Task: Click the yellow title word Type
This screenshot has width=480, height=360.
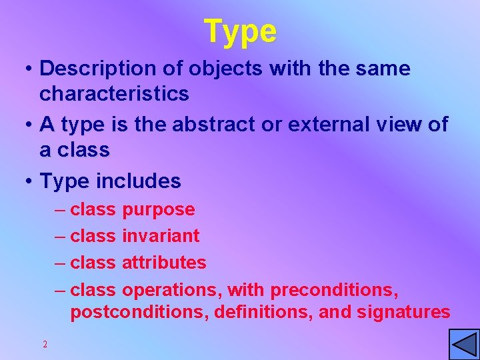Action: click(x=240, y=31)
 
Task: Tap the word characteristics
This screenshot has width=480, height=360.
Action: click(x=114, y=94)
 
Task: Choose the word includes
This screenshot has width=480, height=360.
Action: click(x=139, y=181)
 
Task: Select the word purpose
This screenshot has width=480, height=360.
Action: click(x=159, y=210)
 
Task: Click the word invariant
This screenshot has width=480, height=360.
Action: click(x=161, y=235)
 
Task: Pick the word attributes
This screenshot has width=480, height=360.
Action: click(x=164, y=263)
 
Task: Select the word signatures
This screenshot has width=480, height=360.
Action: click(x=405, y=312)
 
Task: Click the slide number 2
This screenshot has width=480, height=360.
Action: click(x=45, y=345)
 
